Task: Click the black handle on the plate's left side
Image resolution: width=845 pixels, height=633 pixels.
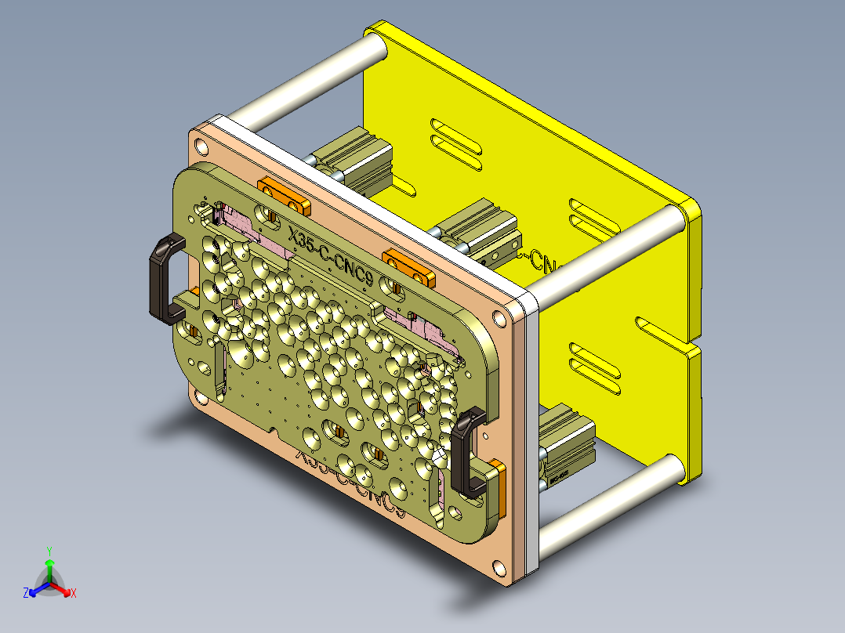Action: click(x=164, y=279)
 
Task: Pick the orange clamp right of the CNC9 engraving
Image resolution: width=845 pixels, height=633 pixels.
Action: click(x=408, y=265)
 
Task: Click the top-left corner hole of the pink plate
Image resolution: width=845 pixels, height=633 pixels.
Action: click(x=202, y=146)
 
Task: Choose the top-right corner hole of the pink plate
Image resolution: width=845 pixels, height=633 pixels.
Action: click(x=498, y=318)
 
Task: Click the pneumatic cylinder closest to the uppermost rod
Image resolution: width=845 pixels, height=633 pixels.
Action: click(x=353, y=161)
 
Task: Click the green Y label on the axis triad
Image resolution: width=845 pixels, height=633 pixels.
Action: click(x=49, y=551)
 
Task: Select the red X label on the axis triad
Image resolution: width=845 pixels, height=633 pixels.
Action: click(x=74, y=593)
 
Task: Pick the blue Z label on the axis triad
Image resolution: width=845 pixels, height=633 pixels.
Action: click(x=26, y=593)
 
